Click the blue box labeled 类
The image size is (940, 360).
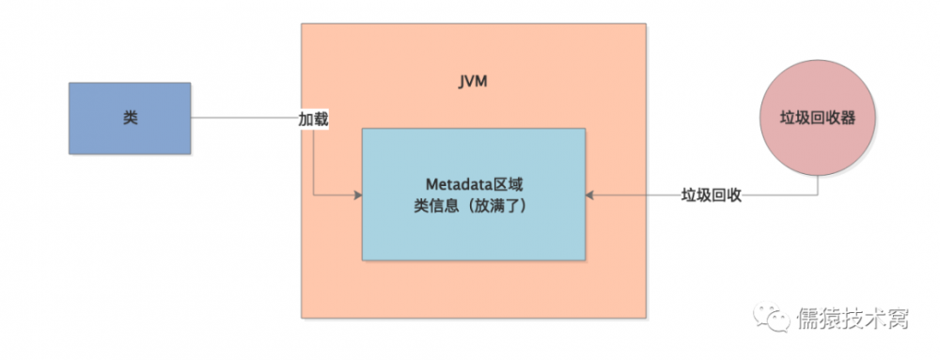pos(129,117)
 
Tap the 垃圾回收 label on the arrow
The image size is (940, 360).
pos(712,195)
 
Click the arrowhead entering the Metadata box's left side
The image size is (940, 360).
pos(357,196)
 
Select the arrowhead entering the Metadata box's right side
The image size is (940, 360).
pos(590,196)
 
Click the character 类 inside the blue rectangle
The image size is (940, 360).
pos(129,117)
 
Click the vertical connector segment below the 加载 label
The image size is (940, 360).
pos(314,164)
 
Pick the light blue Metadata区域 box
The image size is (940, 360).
pos(473,235)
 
